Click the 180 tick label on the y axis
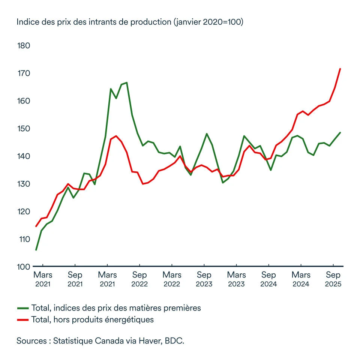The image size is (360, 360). click(24, 46)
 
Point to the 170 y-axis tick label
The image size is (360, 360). click(24, 73)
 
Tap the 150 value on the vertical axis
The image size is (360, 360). click(24, 129)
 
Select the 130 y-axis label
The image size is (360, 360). click(24, 184)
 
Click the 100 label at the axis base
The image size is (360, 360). click(24, 267)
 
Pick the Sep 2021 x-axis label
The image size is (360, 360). click(75, 279)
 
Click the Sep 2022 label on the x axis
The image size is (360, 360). click(139, 279)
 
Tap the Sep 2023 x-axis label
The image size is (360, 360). click(204, 279)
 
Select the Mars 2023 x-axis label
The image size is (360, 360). click(237, 279)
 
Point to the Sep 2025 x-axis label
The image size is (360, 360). click(333, 279)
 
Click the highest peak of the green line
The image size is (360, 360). click(127, 82)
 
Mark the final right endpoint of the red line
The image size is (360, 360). click(340, 69)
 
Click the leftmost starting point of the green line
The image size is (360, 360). click(36, 250)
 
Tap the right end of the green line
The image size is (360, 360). click(340, 132)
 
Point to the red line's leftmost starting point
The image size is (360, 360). click(36, 226)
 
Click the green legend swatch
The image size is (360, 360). click(23, 308)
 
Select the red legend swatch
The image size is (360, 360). click(23, 320)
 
